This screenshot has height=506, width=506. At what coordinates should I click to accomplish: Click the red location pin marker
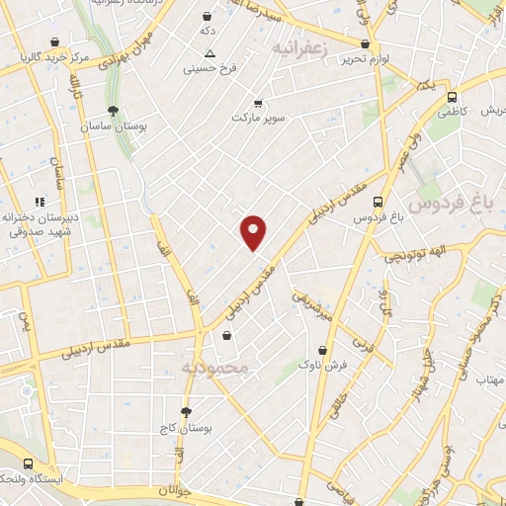[x=254, y=232]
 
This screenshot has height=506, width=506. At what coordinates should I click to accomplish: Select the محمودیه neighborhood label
[x=218, y=368]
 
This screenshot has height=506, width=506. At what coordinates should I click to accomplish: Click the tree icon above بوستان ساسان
[x=114, y=111]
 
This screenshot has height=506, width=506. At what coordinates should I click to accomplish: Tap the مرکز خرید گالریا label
[x=55, y=58]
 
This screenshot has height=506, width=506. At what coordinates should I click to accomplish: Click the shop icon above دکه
[x=207, y=16]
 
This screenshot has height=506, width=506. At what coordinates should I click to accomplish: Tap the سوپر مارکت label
[x=258, y=118]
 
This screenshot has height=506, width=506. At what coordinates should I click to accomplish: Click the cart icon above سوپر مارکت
[x=258, y=102]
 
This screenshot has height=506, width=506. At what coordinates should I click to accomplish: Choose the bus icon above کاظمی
[x=452, y=98]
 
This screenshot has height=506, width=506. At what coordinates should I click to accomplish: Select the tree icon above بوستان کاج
[x=186, y=412]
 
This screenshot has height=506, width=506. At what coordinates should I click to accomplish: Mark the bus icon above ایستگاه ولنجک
[x=29, y=463]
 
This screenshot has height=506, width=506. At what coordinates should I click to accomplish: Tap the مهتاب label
[x=490, y=379]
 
